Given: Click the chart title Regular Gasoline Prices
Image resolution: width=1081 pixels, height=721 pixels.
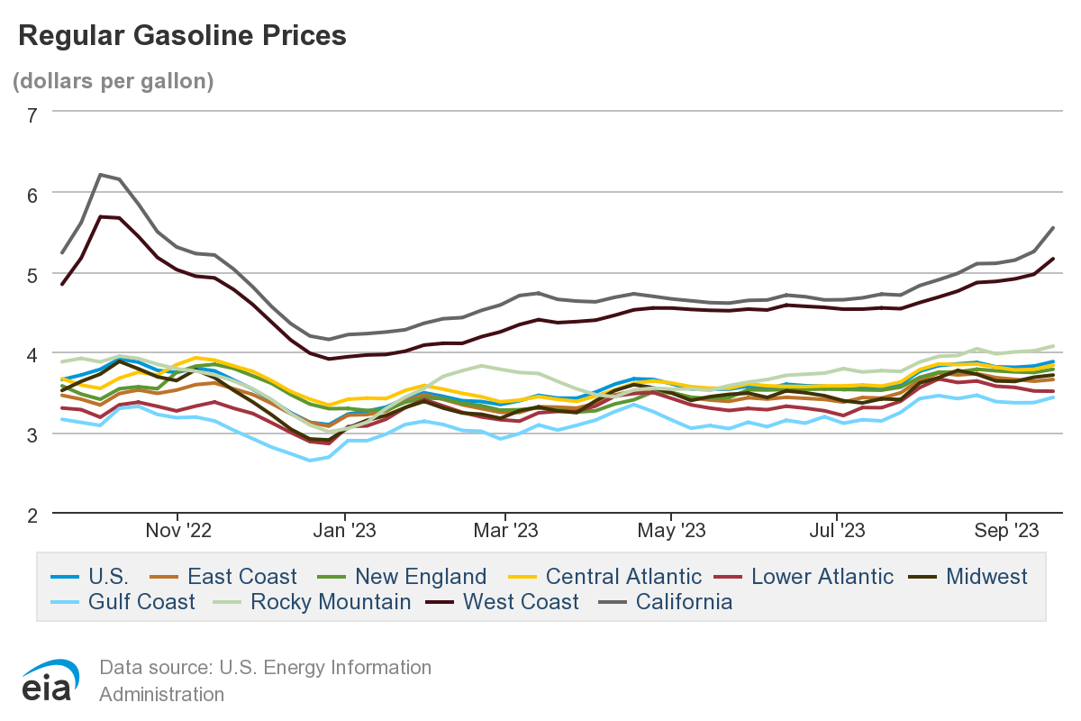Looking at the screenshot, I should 182,35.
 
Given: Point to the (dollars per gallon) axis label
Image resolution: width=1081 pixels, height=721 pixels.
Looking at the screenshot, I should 113,80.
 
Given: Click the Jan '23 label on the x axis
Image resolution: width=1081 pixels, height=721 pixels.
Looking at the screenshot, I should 345,531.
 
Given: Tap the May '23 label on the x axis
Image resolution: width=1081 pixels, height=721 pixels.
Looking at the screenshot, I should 671,531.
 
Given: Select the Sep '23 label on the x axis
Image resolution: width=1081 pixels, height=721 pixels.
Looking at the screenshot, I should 1007,531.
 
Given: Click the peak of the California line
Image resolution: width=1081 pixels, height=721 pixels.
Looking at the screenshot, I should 100,174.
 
